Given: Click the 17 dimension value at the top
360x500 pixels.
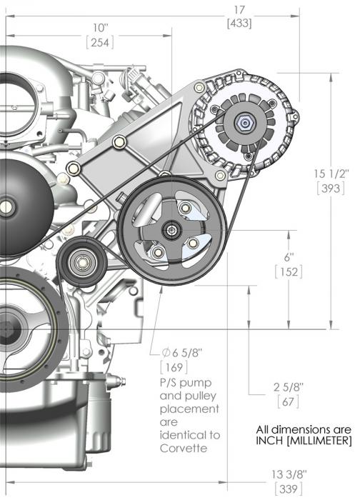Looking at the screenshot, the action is click(239, 10).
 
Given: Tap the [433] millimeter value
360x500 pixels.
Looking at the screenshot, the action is click(239, 24).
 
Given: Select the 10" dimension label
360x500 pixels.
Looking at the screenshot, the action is click(101, 28).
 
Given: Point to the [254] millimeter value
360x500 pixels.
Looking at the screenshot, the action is click(100, 42).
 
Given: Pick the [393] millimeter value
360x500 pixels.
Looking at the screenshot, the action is click(331, 189).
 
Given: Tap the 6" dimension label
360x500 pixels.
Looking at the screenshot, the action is click(289, 257).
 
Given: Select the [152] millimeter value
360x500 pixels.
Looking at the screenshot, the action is click(289, 272).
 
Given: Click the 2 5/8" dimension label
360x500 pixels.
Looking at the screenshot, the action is click(289, 387).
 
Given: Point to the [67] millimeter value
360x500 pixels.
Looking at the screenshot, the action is click(289, 401).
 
